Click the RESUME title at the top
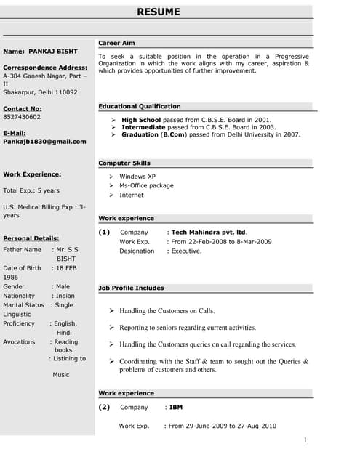158,12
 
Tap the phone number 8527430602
22,116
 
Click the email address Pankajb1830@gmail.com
44,142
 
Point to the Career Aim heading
116,44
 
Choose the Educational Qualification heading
140,106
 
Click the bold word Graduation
140,134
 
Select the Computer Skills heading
124,163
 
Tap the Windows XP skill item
137,177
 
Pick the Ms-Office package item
146,186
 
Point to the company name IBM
175,408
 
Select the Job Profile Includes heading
131,288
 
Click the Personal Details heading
31,238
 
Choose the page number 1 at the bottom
305,440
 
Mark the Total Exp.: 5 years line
31,190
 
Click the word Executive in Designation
186,251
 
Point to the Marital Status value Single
64,305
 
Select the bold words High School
142,119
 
